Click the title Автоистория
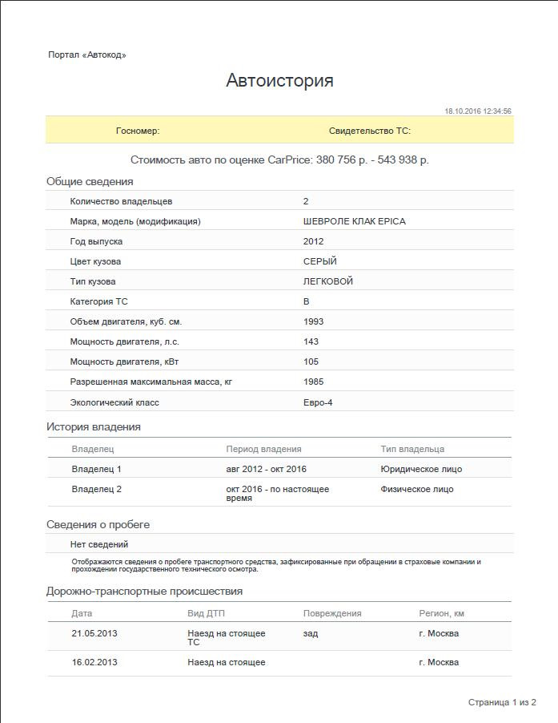279,80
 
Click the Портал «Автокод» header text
87,55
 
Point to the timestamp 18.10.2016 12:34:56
477,111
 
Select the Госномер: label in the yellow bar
138,131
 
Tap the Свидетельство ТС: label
369,131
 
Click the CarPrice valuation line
279,160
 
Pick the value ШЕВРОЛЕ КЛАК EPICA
354,221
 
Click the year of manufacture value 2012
314,241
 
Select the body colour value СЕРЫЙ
320,261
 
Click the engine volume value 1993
314,321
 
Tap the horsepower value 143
311,341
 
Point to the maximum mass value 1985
314,382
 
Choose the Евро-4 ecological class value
318,402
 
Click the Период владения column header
263,449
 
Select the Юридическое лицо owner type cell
421,469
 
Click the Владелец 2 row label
97,489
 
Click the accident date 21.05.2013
94,633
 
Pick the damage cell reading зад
311,633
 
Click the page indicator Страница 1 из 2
502,702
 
